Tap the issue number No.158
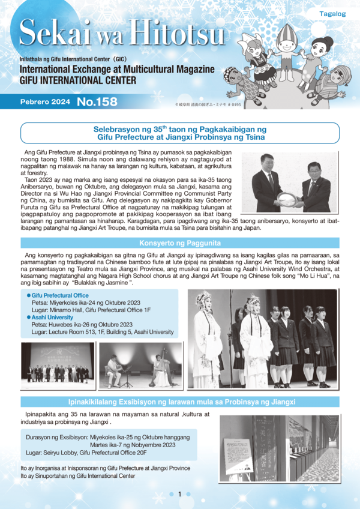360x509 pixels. (97, 101)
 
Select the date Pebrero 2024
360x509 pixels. (46, 102)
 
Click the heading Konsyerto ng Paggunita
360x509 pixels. (180, 244)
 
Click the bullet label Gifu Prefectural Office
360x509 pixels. (59, 296)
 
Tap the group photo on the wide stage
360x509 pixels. (58, 364)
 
